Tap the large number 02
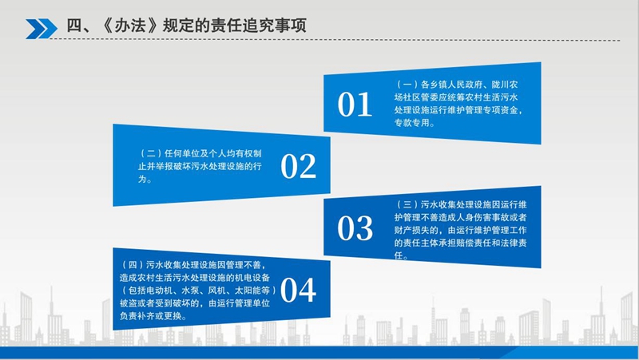299,166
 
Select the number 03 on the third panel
355,228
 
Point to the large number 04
299,291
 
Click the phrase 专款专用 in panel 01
414,124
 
